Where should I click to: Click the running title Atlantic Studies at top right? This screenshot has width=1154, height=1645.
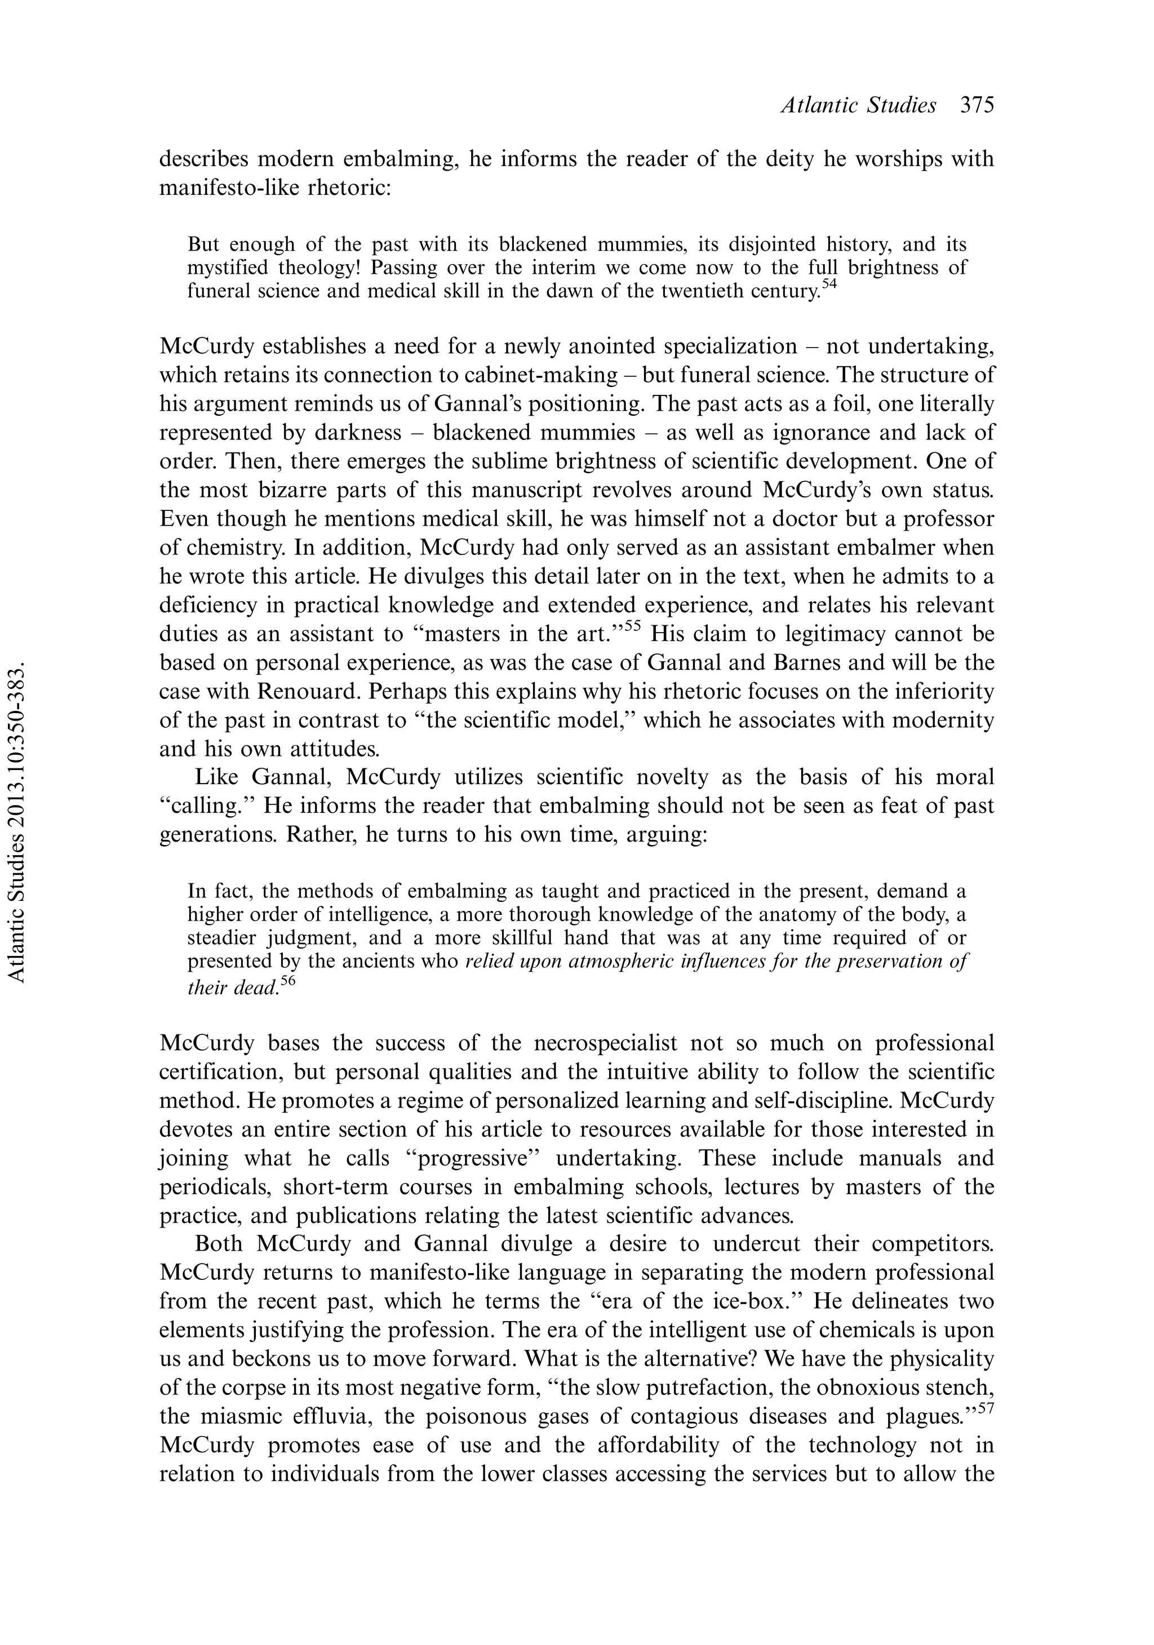click(x=858, y=105)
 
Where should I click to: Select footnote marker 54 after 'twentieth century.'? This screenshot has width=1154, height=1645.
click(x=829, y=284)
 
